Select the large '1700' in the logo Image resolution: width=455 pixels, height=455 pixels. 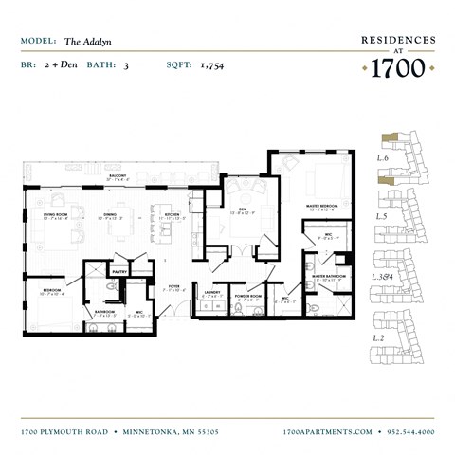397,68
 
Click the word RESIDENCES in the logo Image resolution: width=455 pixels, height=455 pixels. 398,41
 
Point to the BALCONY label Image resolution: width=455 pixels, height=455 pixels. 118,176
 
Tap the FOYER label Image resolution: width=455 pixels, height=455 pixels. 174,284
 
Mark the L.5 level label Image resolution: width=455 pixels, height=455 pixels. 382,217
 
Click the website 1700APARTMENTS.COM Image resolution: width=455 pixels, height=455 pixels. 328,431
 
